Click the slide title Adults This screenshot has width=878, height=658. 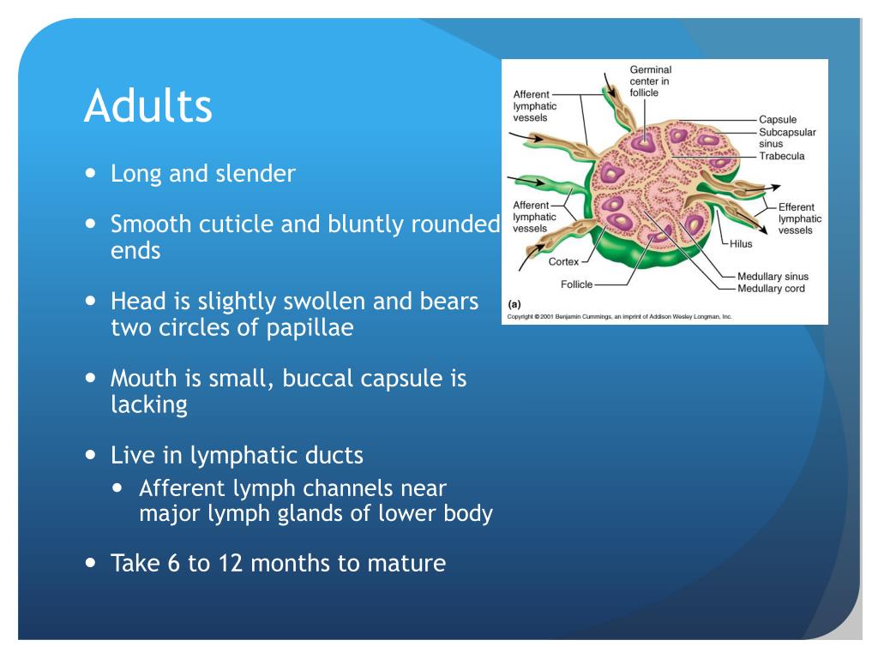click(x=148, y=105)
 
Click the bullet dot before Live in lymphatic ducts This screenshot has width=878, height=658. click(x=91, y=456)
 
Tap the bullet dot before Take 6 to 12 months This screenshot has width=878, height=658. click(x=91, y=563)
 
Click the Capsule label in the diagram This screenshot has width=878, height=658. click(x=778, y=119)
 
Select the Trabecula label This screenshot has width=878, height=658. click(x=782, y=156)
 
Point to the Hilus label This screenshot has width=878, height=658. click(x=741, y=244)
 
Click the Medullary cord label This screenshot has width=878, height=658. click(x=771, y=289)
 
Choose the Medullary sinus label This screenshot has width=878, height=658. click(x=773, y=277)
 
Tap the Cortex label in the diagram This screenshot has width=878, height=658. click(x=564, y=262)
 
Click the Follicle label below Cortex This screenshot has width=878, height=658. click(x=577, y=284)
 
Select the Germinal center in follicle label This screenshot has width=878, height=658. click(x=650, y=81)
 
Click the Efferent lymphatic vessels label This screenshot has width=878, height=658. click(x=800, y=218)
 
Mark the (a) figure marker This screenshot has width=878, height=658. click(x=514, y=304)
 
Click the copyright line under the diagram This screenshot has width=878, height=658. click(x=619, y=317)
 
